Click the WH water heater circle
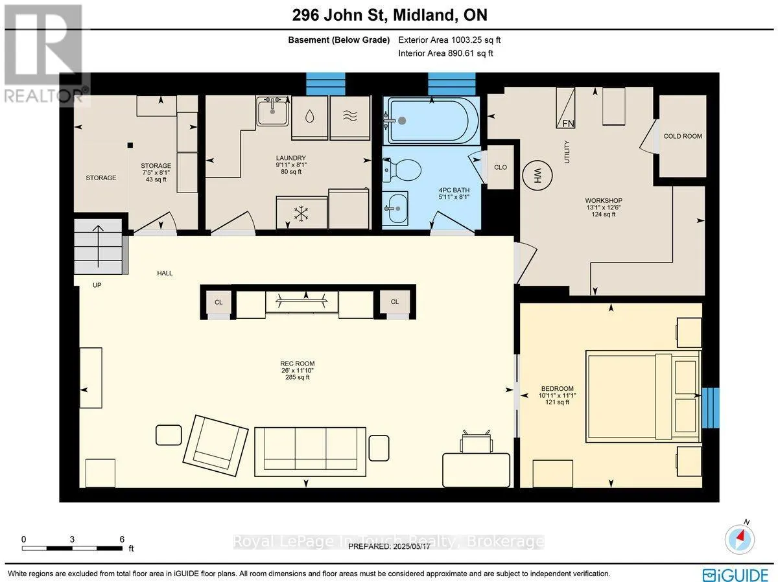537,176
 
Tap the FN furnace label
568,123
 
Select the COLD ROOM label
683,136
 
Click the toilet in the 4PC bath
402,170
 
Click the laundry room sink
272,111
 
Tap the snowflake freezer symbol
301,214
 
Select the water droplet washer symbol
309,116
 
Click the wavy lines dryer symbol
350,115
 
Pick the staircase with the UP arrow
98,246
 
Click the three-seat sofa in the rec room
310,452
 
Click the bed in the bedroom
643,397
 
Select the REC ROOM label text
298,364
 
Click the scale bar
73,548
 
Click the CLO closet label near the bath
501,167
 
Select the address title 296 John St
339,15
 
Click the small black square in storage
130,145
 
